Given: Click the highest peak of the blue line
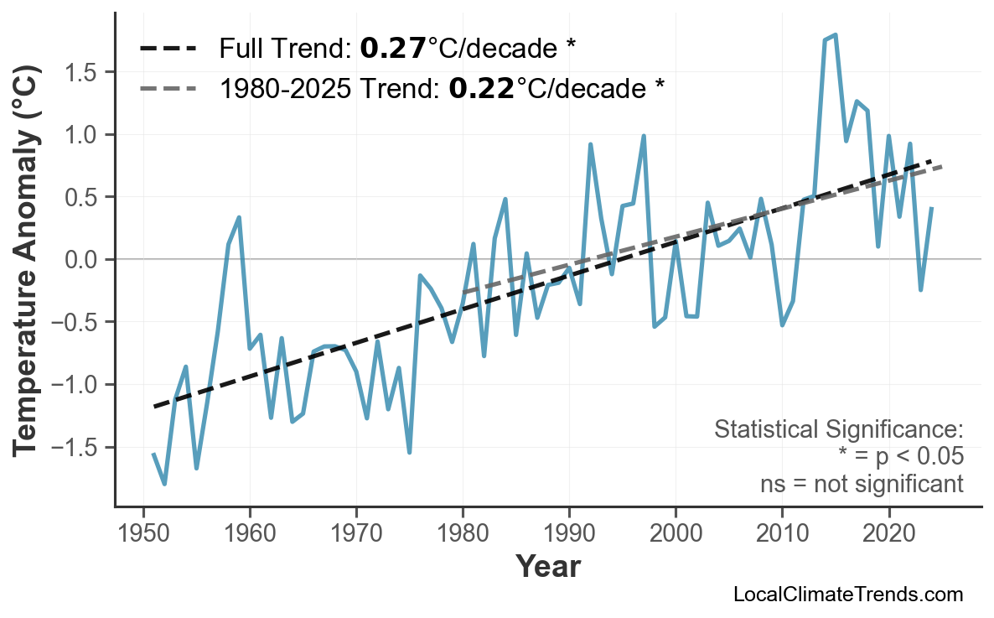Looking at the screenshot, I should (836, 35).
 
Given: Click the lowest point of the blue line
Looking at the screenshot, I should (164, 484).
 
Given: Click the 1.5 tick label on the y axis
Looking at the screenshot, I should (80, 73).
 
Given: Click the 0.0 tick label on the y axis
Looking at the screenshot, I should (80, 260).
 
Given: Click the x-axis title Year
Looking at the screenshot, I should (547, 567).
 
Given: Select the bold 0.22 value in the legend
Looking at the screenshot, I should (481, 87).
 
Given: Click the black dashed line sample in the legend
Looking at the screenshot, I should (168, 49).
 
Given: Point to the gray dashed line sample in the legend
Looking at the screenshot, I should (168, 87).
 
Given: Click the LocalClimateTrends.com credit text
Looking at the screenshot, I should (847, 595).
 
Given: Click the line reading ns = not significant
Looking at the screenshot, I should (861, 484).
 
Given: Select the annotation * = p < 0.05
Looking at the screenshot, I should (900, 457).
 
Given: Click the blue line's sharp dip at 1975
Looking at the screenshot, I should (409, 453).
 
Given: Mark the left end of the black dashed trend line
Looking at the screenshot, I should (154, 407).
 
